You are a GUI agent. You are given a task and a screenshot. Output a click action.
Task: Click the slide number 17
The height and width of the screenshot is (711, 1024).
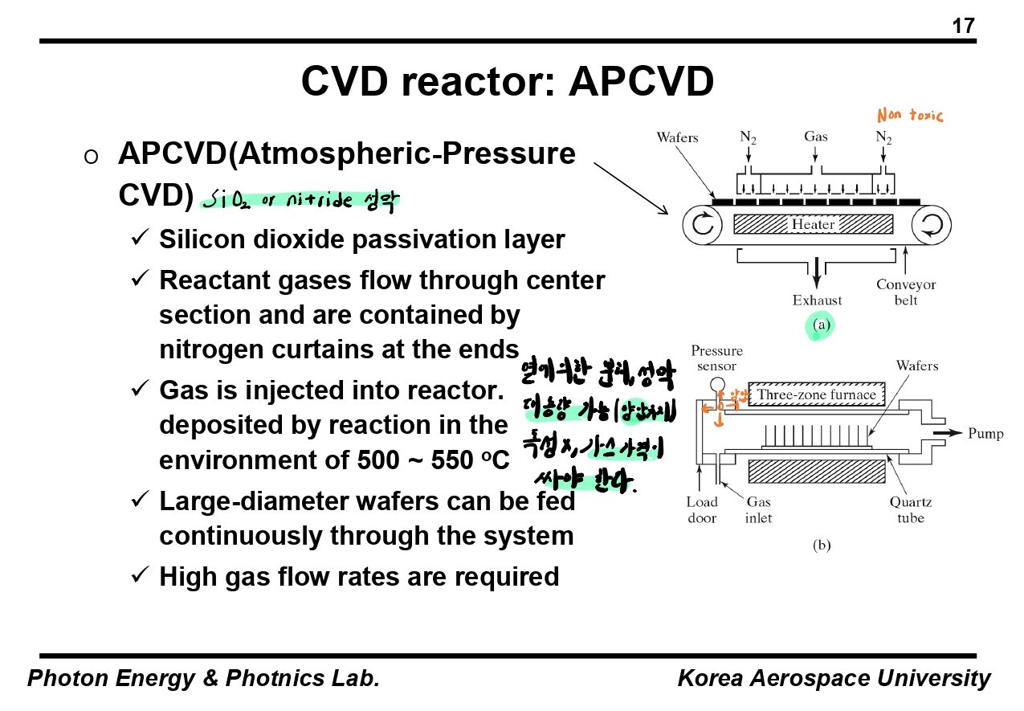tap(963, 26)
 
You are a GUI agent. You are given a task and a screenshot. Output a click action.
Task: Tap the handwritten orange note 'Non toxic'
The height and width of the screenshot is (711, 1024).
tap(910, 116)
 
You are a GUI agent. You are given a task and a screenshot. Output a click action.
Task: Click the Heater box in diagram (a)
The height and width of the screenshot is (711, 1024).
tap(814, 224)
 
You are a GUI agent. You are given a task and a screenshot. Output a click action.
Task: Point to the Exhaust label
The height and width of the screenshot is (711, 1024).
tap(818, 300)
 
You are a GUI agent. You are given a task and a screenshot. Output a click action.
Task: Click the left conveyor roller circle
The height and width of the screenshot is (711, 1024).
tap(703, 225)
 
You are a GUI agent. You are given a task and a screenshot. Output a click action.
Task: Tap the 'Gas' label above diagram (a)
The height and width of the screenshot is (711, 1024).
tap(816, 137)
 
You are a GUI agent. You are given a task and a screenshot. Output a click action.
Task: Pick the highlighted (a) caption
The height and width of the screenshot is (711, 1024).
tap(820, 325)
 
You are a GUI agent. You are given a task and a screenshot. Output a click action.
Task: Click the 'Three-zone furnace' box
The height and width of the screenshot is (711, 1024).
tap(817, 394)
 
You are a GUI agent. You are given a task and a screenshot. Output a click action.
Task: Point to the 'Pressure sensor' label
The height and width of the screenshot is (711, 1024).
tap(716, 358)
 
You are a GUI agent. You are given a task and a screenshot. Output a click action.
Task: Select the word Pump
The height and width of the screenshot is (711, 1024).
tap(985, 434)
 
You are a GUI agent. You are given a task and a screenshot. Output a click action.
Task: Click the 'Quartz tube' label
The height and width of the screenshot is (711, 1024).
tap(911, 510)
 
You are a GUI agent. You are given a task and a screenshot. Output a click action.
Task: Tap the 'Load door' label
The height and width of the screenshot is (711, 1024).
tap(702, 510)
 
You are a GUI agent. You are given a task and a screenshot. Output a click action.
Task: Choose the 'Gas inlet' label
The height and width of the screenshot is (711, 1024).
tap(758, 510)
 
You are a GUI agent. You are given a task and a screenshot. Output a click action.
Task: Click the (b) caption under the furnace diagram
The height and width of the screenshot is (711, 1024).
tap(821, 546)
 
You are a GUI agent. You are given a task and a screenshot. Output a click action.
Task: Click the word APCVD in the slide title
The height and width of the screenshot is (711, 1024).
tap(641, 81)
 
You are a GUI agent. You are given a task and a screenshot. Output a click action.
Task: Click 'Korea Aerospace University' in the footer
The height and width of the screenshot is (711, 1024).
tap(834, 678)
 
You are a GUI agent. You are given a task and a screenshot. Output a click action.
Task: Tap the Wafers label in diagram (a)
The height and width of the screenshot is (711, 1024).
tap(677, 137)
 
